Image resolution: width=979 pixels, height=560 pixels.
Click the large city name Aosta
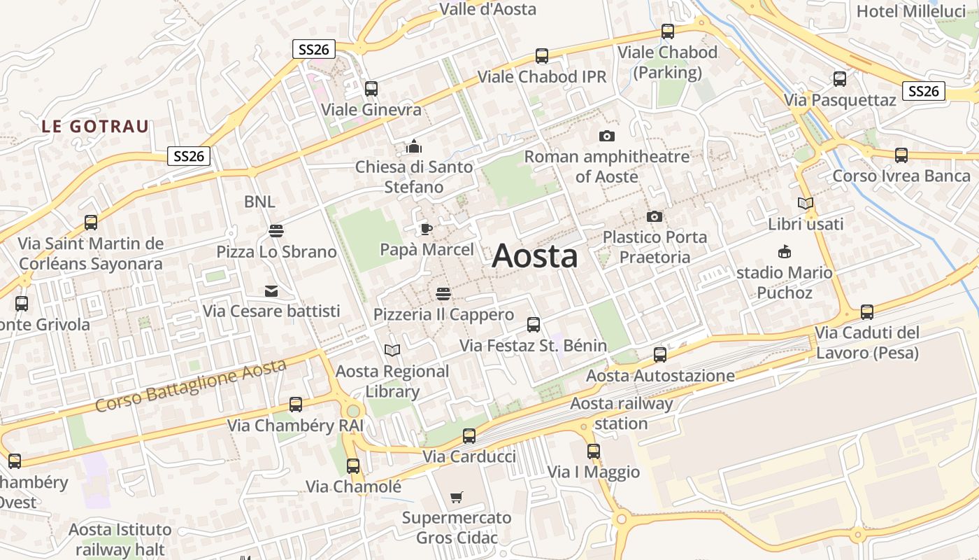535,256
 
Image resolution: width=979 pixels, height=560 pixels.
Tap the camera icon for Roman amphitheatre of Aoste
606,136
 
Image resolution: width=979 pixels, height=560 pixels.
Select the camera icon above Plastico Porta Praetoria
655,216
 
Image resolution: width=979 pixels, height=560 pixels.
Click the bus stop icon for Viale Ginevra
371,89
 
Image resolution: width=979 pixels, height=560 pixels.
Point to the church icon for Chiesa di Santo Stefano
414,146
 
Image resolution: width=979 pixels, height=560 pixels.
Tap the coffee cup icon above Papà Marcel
427,229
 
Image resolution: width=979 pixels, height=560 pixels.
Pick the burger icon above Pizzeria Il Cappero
443,293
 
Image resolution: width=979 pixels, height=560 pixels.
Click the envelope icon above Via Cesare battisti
271,291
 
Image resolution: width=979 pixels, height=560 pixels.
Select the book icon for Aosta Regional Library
392,350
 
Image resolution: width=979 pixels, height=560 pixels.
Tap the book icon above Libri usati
806,204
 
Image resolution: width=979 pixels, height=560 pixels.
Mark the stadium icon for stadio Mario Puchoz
785,252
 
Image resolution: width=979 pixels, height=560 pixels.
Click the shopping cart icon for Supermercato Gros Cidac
456,498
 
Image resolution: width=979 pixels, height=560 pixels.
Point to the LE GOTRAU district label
95,127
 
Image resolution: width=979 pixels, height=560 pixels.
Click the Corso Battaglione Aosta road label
191,386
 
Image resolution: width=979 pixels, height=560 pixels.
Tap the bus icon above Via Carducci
469,436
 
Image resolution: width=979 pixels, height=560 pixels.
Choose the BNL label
259,202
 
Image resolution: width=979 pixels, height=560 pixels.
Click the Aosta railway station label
622,413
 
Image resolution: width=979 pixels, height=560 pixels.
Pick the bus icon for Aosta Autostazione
660,355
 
